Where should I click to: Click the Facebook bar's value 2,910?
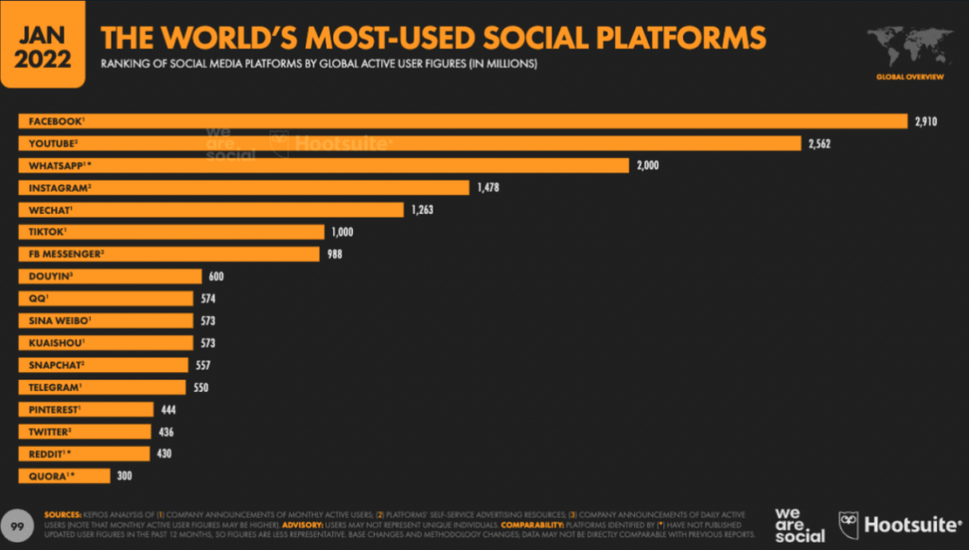pos(925,121)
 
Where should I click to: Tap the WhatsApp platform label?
pos(59,166)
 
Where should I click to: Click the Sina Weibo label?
pos(56,321)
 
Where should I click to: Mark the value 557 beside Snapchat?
pos(203,365)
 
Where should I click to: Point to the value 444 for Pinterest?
pos(168,409)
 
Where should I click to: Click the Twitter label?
pos(48,432)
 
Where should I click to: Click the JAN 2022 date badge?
pos(42,44)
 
